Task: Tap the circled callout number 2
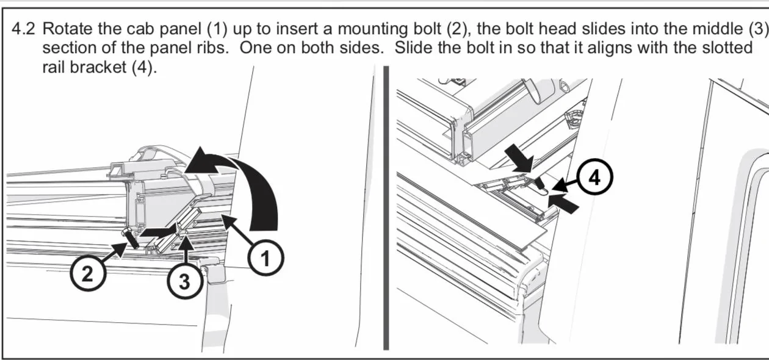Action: coord(88,273)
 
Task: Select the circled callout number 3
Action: coord(184,281)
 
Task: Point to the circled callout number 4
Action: coord(594,177)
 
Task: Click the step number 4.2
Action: coord(23,29)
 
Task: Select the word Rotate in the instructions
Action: coord(68,29)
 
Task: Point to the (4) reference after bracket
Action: coord(144,67)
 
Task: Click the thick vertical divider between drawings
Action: coord(386,208)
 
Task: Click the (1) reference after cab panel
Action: coord(217,29)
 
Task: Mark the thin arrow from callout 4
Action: coord(565,184)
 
